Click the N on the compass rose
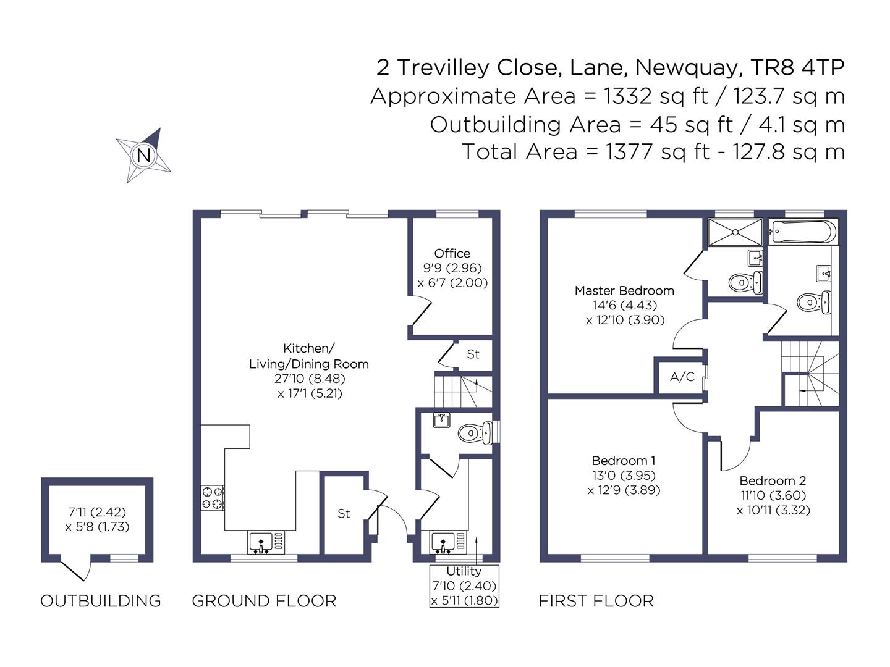coord(144,156)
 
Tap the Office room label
coord(452,253)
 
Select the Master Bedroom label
coord(624,290)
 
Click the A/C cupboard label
coord(682,377)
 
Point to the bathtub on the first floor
coord(803,232)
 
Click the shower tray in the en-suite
coord(735,232)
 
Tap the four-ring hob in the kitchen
coord(213,498)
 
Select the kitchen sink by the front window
coord(266,543)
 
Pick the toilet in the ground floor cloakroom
coord(475,433)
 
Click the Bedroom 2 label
coord(773,480)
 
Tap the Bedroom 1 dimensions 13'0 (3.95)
coord(624,475)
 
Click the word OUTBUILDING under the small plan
coord(101,601)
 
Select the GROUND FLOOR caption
coord(264,601)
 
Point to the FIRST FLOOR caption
coord(596,601)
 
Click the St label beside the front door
coord(344,513)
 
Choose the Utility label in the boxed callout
coord(464,571)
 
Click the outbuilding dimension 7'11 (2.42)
coord(97,512)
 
